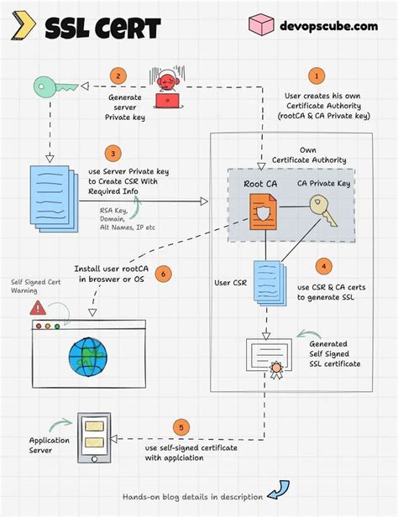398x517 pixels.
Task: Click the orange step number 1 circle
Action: [x=317, y=76]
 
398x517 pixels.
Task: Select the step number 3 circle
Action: [x=111, y=154]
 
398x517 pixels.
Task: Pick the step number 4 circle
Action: [x=322, y=267]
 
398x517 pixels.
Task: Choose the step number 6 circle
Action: [x=164, y=274]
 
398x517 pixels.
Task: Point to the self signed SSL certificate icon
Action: [x=268, y=358]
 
